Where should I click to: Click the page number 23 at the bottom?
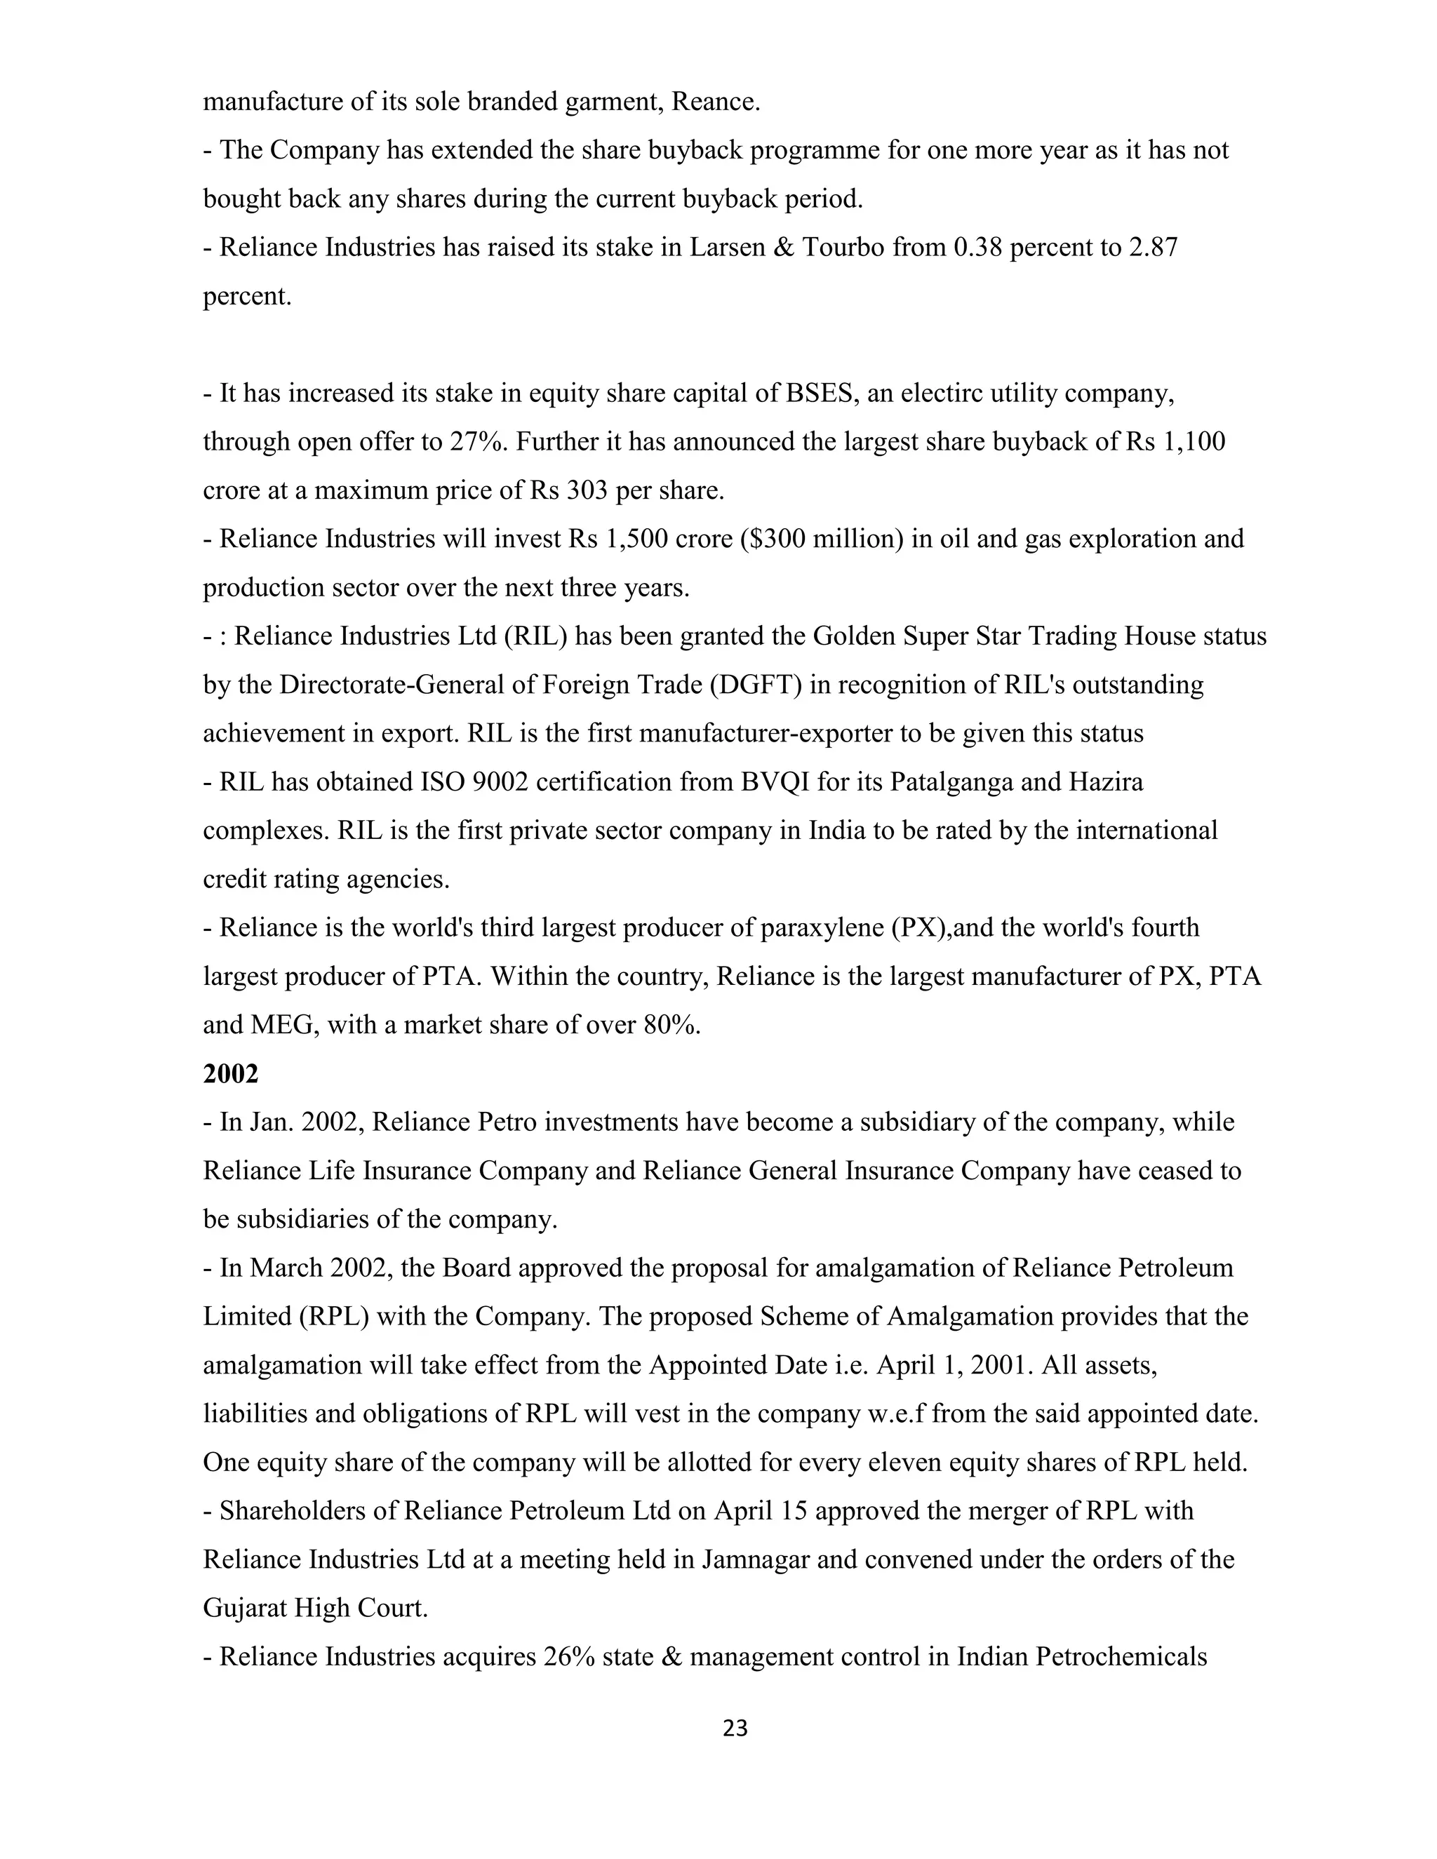pyautogui.click(x=735, y=1729)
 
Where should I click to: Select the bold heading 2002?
pyautogui.click(x=230, y=1073)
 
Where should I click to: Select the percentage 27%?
pyautogui.click(x=476, y=442)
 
